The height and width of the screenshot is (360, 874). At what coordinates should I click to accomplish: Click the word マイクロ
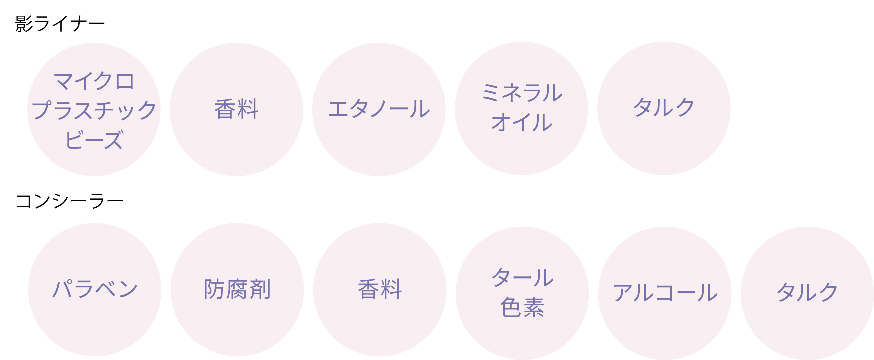click(x=94, y=81)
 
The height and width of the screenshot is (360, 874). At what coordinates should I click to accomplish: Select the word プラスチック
click(x=94, y=110)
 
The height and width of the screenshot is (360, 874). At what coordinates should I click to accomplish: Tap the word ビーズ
click(x=94, y=139)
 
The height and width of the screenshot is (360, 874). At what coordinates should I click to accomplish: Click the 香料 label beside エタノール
click(x=237, y=109)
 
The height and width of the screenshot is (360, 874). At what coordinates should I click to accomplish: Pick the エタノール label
click(x=379, y=109)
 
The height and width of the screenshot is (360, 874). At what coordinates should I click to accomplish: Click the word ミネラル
click(x=521, y=93)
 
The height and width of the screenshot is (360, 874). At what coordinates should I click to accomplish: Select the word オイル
click(x=521, y=122)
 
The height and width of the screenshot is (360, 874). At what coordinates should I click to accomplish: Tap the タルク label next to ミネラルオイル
click(x=664, y=108)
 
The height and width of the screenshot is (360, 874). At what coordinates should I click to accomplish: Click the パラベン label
click(x=95, y=289)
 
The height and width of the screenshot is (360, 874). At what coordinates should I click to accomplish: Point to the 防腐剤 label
click(x=237, y=289)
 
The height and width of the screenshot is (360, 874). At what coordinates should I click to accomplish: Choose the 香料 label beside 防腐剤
click(x=380, y=289)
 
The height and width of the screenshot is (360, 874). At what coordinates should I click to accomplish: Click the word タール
click(x=522, y=277)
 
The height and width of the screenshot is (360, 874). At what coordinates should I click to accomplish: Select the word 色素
click(x=522, y=307)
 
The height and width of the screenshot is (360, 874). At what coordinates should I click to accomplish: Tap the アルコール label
click(x=665, y=292)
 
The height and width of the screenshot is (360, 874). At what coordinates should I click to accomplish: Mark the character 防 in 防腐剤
click(x=215, y=289)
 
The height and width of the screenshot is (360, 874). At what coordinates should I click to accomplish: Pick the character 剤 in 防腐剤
click(x=260, y=289)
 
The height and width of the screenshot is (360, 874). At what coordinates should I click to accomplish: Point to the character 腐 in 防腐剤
click(x=237, y=289)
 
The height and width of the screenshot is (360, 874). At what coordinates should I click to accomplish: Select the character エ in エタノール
click(x=339, y=109)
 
